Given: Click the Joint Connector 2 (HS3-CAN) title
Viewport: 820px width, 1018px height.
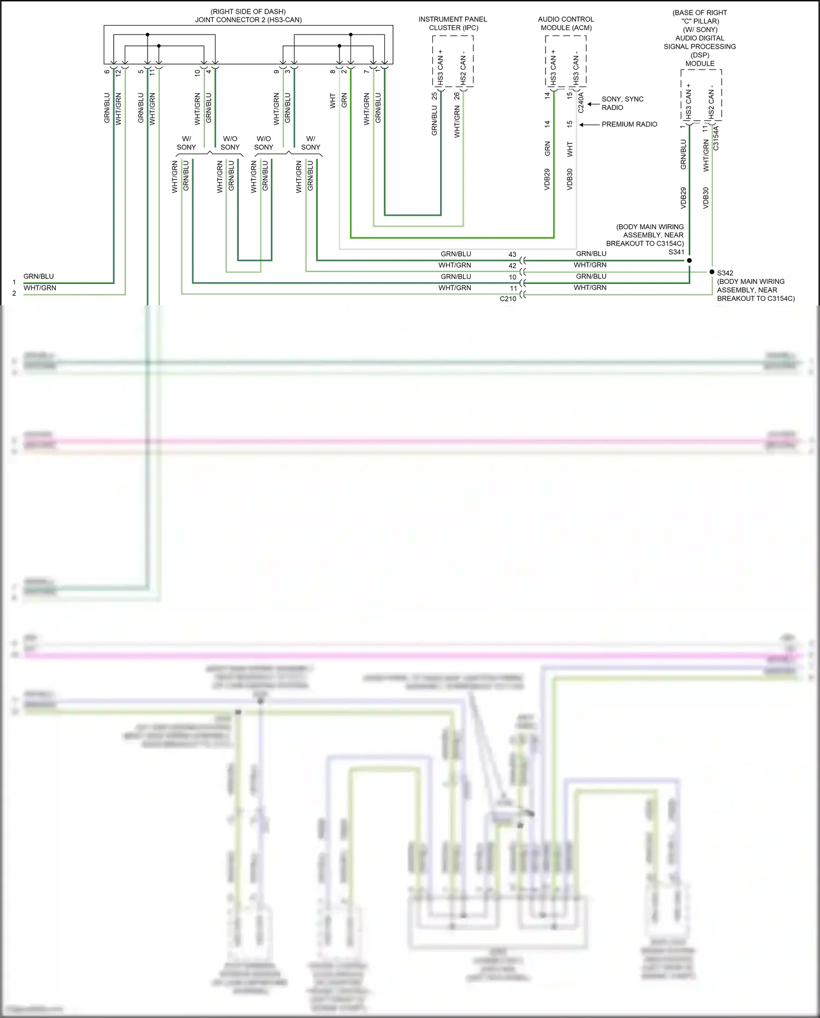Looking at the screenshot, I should (x=248, y=20).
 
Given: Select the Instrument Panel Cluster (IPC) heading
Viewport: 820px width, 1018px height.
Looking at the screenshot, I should (x=453, y=23).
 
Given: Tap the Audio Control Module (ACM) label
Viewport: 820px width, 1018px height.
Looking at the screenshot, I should (x=566, y=23).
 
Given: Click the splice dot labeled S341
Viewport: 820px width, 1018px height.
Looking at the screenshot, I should (x=689, y=260).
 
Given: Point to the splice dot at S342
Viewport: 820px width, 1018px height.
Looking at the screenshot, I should (x=712, y=272).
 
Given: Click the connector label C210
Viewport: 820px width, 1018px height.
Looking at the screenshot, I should (x=508, y=299).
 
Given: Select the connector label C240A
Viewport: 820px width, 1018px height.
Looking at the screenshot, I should (x=581, y=102).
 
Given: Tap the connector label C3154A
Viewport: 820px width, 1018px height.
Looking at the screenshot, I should (x=716, y=138).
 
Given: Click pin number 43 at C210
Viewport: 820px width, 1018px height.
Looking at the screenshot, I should (x=512, y=254).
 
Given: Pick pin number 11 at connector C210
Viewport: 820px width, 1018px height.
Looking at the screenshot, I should (x=513, y=288).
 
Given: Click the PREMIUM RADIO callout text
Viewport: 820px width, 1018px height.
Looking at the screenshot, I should (x=629, y=124).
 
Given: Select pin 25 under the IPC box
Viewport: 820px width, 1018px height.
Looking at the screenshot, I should (x=435, y=96).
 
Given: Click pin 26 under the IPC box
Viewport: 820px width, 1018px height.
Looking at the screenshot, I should (x=457, y=96).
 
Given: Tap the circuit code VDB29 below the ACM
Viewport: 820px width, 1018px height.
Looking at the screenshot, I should (x=547, y=179).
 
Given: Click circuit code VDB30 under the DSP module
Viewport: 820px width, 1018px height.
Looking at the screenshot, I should (x=706, y=197).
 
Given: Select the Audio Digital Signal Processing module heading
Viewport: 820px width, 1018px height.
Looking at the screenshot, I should (x=700, y=46).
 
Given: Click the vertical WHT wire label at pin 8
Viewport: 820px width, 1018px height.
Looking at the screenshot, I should (x=332, y=101).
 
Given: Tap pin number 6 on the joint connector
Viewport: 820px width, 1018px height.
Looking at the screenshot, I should (x=107, y=72).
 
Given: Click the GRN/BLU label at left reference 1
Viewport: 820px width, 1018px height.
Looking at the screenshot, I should (x=39, y=276).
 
